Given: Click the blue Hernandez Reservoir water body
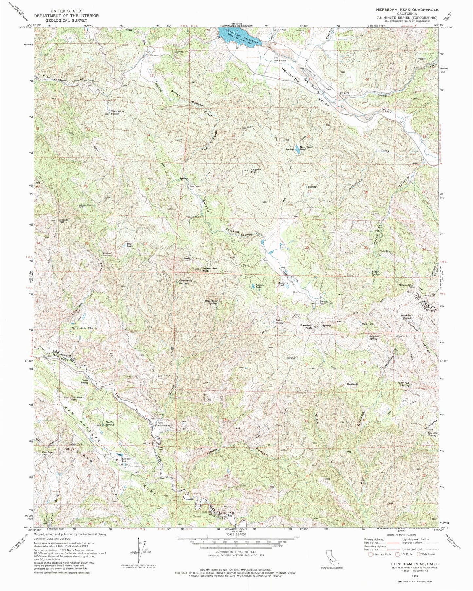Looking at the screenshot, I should pos(234,36).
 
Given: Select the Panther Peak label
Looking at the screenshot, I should pos(306,327).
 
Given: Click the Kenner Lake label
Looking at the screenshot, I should pos(126,460).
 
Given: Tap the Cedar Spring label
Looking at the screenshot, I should pos(375,273).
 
